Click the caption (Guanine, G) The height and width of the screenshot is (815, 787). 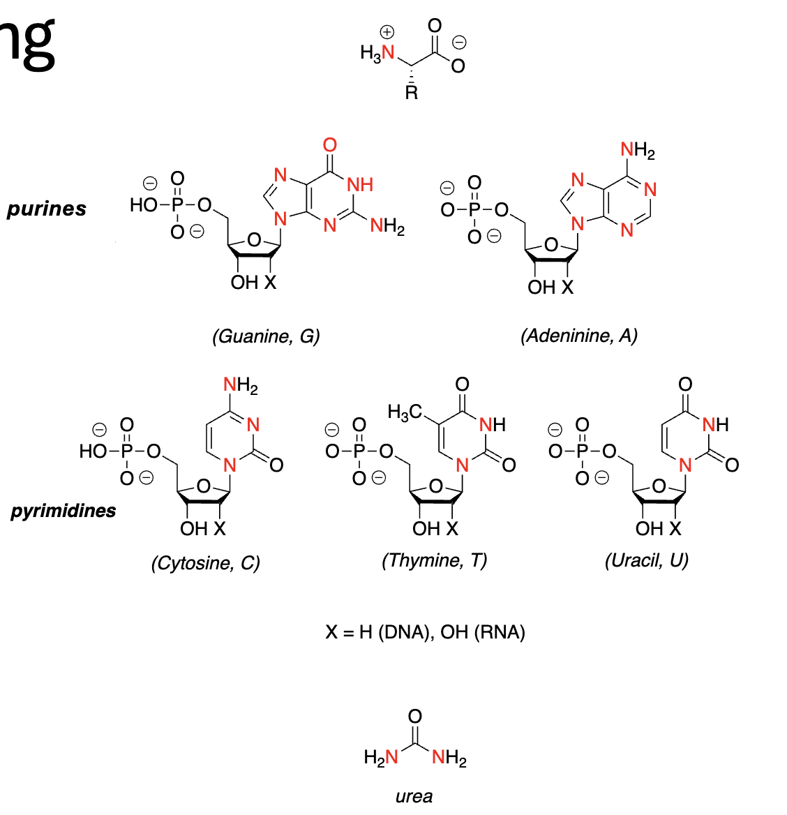266,336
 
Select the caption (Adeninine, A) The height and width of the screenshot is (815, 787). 578,336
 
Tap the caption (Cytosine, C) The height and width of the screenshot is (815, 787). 205,562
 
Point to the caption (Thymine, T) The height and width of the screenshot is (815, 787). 434,560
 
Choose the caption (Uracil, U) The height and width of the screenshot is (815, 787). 646,560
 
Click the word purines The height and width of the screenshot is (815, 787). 47,209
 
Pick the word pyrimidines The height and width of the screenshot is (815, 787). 63,511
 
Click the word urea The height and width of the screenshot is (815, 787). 414,796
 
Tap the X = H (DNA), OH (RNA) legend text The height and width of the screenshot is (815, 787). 425,632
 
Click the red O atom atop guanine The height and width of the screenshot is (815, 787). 330,145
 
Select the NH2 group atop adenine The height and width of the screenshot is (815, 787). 638,150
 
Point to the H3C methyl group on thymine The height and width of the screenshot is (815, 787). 405,412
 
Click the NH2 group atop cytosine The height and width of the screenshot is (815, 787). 240,384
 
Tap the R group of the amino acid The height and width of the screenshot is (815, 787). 412,93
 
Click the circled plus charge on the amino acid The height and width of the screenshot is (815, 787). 387,32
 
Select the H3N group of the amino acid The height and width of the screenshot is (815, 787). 378,52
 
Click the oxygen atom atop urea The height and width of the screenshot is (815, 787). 415,717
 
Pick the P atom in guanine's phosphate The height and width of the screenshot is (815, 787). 177,205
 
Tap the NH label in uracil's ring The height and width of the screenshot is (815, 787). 715,424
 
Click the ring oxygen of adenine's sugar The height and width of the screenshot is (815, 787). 551,245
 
